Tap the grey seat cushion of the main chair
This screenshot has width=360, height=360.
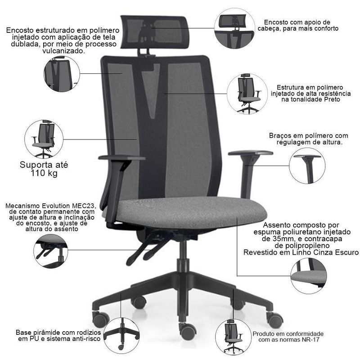185,213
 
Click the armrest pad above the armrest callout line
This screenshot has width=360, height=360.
251,153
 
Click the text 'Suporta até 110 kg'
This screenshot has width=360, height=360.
44,169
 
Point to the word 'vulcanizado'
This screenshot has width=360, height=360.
63,51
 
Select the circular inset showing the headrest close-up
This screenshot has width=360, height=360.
234,28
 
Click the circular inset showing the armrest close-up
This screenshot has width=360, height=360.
307,166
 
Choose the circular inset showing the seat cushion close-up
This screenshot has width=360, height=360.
309,275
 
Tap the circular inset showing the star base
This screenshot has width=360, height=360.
121,336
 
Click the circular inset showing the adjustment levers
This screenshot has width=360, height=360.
51,251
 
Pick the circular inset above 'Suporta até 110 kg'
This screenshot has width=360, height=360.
44,139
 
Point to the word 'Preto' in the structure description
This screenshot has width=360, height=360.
332,99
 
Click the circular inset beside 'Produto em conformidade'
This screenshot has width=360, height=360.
233,337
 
